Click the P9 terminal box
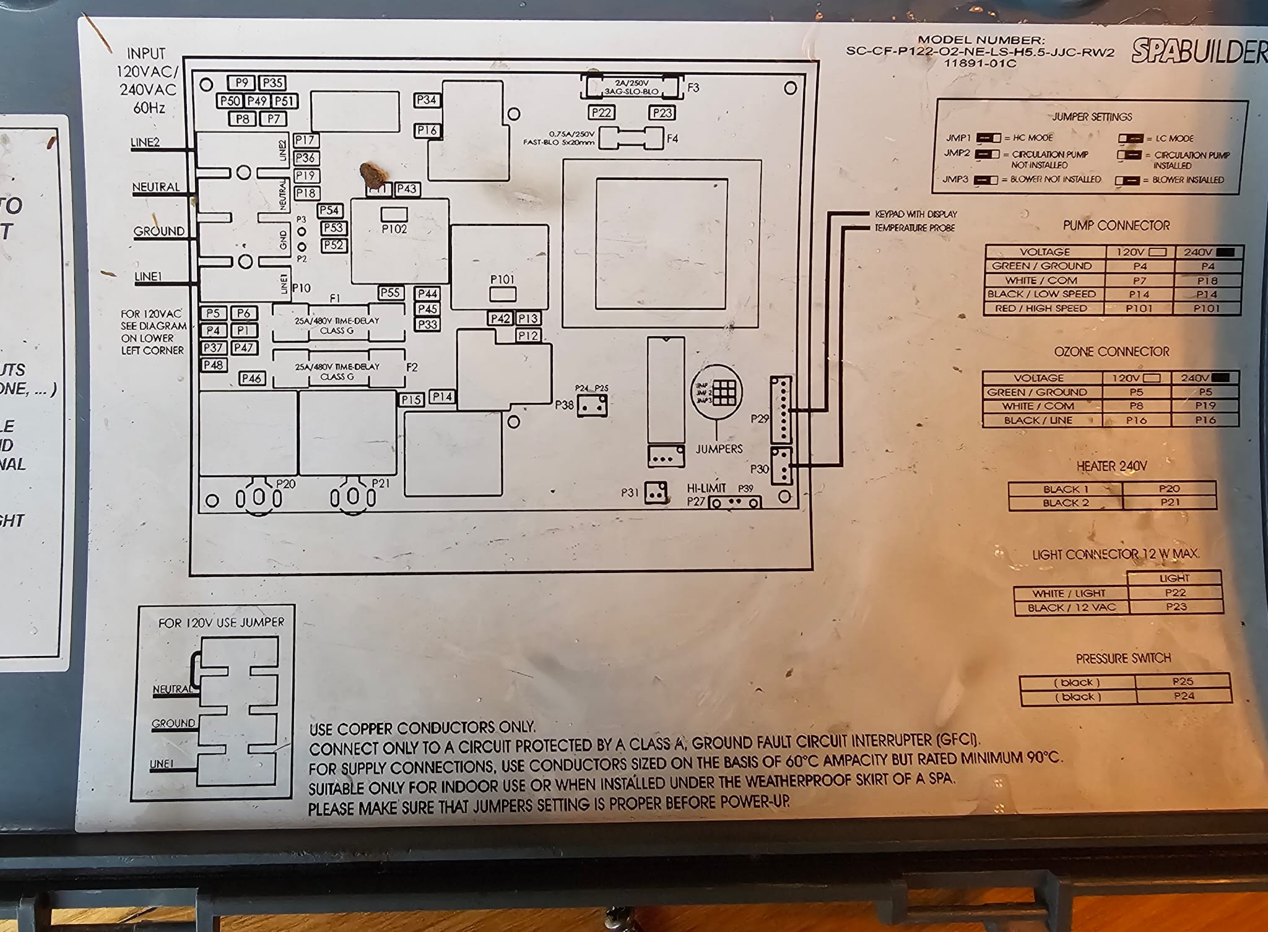[241, 82]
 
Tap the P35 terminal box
[272, 83]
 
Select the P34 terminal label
[427, 100]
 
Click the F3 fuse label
[693, 88]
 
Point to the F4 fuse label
[672, 139]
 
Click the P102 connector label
[394, 228]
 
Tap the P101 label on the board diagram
[502, 279]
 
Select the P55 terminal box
[391, 293]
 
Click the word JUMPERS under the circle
[719, 449]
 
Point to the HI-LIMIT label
[706, 488]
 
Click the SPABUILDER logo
[1199, 51]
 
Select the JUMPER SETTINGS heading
[1092, 117]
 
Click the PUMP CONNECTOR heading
[1116, 226]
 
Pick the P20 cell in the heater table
[1169, 489]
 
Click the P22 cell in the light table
[1175, 592]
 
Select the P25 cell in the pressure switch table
[1183, 681]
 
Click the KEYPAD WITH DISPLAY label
[915, 214]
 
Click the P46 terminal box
[252, 378]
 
